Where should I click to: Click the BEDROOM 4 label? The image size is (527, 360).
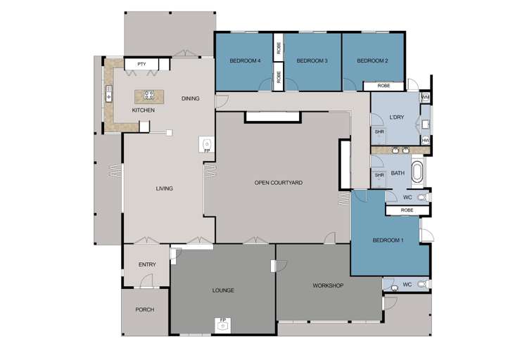[246, 61]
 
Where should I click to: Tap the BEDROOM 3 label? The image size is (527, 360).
[312, 61]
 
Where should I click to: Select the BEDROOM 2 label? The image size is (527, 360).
[372, 61]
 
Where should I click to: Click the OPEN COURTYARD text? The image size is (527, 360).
[279, 183]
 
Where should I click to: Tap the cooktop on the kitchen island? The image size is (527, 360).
[148, 94]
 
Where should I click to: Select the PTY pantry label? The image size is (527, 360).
[141, 65]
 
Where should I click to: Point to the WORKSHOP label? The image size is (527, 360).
[327, 285]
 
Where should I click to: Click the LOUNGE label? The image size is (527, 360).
[222, 290]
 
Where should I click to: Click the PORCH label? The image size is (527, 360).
[144, 309]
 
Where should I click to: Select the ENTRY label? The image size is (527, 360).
[147, 264]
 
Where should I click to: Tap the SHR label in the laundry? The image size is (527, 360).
[379, 131]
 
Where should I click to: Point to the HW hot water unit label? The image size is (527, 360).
[426, 140]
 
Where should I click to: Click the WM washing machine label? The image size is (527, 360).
[425, 96]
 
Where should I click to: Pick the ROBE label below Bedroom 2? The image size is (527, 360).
[383, 86]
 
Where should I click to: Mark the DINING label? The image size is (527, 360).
[190, 98]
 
